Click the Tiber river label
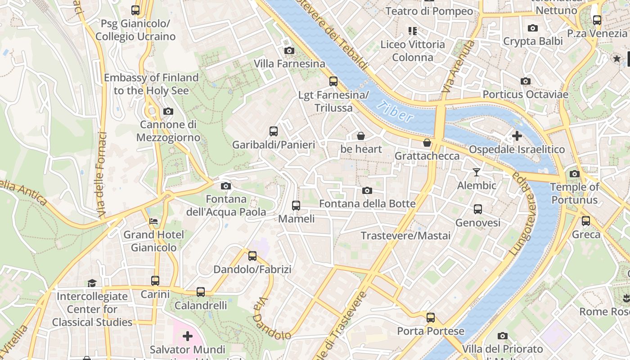tap(395, 112)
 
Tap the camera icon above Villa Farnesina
tap(289, 50)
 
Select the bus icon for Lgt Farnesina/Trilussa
tap(333, 81)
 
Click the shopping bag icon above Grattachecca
tap(427, 143)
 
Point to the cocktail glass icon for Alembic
tap(477, 172)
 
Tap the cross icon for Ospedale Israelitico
tap(517, 135)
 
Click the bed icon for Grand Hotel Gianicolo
tap(153, 221)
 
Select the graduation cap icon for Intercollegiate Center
tap(92, 283)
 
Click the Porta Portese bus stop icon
tap(431, 318)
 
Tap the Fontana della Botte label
tap(367, 204)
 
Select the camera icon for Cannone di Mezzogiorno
tap(168, 111)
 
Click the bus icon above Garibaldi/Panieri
tap(274, 131)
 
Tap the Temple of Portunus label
tap(574, 193)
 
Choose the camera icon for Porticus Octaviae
tap(525, 81)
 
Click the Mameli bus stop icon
tap(296, 206)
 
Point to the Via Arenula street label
tap(458, 67)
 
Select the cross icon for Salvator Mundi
tap(188, 336)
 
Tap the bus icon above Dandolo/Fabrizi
tap(252, 256)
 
